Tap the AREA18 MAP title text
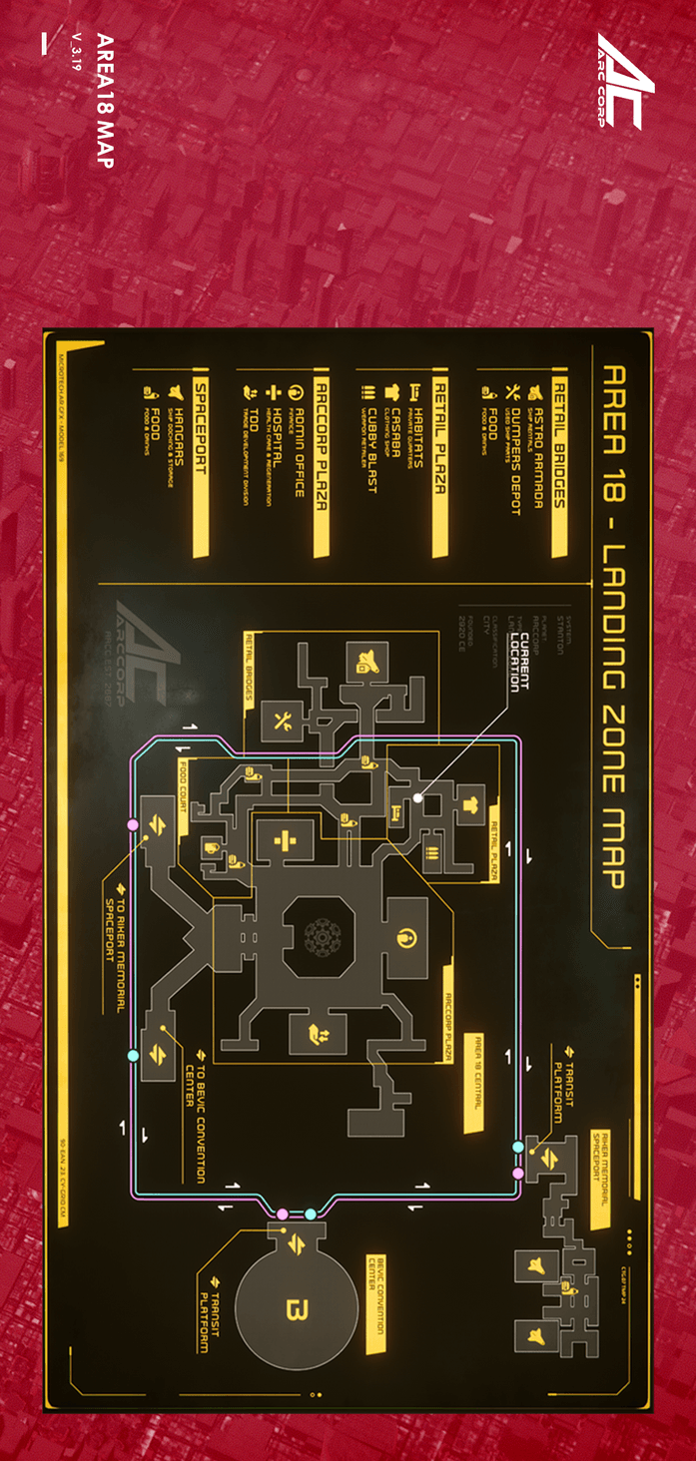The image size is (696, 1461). click(x=105, y=101)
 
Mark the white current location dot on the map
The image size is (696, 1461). click(x=417, y=798)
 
